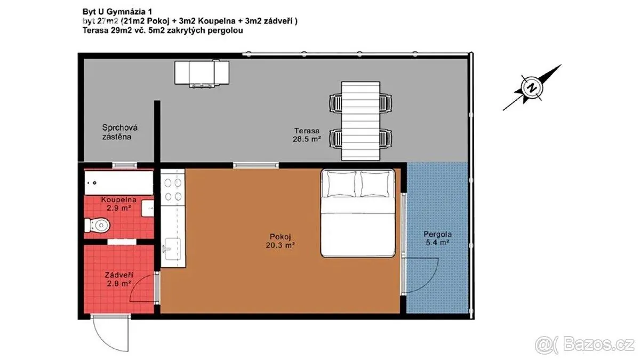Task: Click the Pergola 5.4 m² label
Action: (437, 238)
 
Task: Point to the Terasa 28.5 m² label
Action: (307, 135)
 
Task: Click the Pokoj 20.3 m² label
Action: (281, 241)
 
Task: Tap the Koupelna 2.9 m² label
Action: (118, 204)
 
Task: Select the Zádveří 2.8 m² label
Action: (119, 279)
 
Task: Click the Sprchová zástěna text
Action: (119, 132)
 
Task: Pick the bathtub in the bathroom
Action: (119, 183)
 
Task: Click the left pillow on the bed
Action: (342, 184)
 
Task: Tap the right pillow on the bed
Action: (375, 184)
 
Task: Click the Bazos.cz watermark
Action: (585, 345)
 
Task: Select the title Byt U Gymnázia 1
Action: (117, 12)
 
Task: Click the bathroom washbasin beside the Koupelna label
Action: (147, 209)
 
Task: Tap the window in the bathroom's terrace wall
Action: (125, 165)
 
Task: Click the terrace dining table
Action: (361, 121)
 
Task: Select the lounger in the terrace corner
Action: (202, 74)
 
